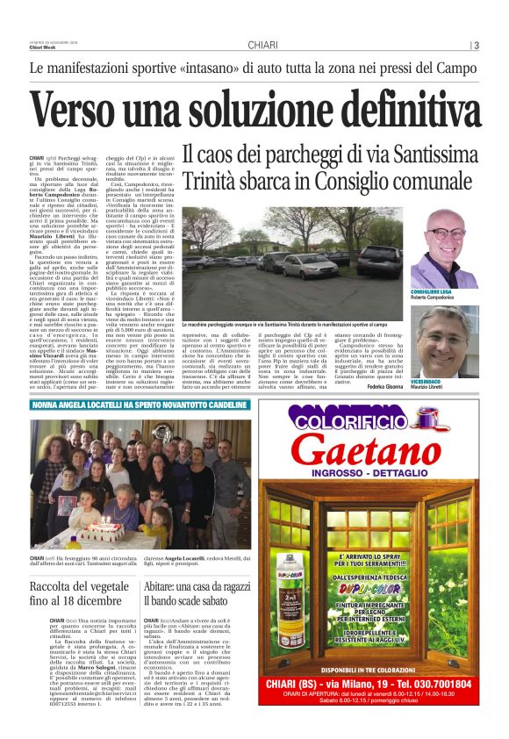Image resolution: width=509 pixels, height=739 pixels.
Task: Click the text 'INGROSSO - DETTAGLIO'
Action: (x=379, y=478)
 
